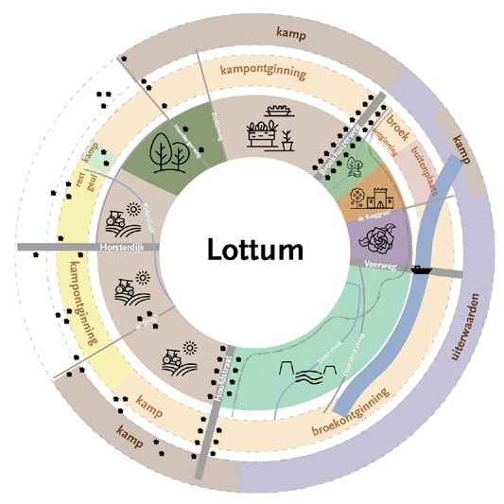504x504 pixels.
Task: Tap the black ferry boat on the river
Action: click(418, 269)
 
